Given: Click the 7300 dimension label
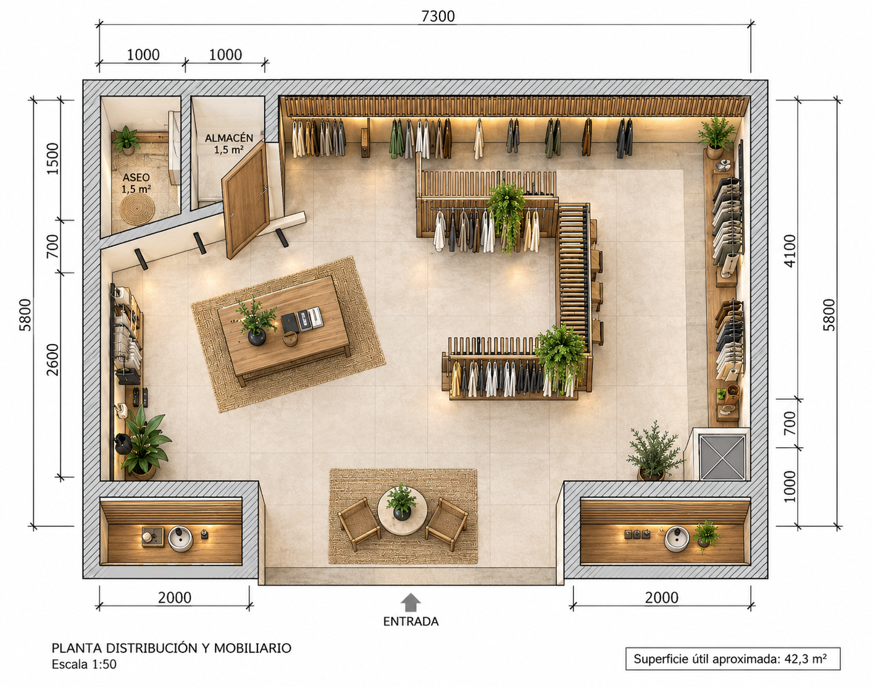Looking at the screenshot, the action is click(438, 16).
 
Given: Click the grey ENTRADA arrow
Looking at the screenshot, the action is click(411, 602).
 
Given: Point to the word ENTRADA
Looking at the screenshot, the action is click(411, 622).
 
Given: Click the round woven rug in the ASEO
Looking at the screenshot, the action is click(138, 209).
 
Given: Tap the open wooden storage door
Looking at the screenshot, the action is click(246, 200).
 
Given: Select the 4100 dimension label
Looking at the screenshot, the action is click(790, 250).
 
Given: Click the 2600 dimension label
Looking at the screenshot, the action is click(52, 360).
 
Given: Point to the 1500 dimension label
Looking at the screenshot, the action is click(52, 158).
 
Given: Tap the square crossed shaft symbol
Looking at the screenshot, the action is click(722, 457).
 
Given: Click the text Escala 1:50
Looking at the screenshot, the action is click(84, 664).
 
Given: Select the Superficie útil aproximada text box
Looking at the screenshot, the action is click(733, 659).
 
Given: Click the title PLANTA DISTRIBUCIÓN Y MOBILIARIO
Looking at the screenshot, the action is click(171, 648).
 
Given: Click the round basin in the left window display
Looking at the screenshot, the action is click(180, 539).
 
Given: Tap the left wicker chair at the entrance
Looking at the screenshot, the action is click(359, 525).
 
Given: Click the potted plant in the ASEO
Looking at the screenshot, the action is click(127, 140).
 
